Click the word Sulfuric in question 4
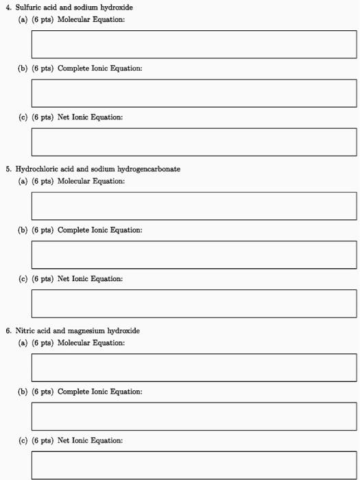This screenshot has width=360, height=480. point(29,7)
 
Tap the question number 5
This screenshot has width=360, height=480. point(8,169)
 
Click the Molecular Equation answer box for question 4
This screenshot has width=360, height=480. point(194,44)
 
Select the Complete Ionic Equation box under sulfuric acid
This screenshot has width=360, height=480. point(194,93)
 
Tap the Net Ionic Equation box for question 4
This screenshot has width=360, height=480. point(194,141)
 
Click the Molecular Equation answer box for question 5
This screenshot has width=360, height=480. point(194,206)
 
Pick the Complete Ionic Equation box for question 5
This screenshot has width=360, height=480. point(194,254)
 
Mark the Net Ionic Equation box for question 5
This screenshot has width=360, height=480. point(194,303)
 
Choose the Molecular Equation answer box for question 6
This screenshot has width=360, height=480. point(194,368)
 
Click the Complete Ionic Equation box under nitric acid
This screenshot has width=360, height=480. point(194,416)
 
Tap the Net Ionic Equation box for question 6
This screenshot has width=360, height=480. point(194,464)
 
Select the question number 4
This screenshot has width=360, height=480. point(8,7)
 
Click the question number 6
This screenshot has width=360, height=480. point(8,331)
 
